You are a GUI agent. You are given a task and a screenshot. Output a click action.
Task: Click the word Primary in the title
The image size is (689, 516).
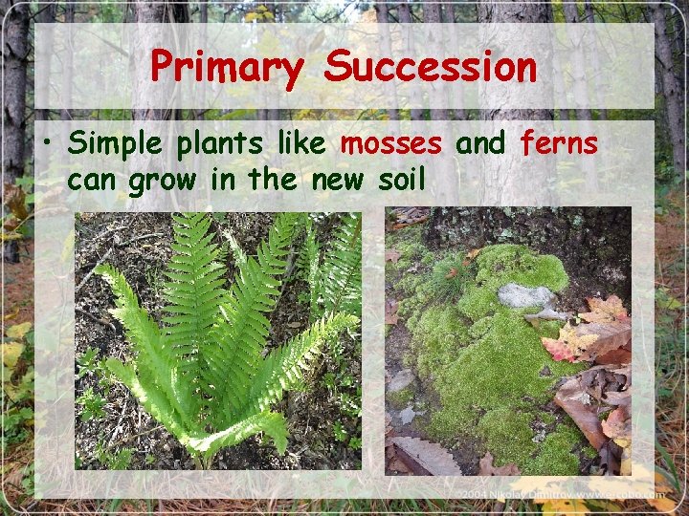point(227,68)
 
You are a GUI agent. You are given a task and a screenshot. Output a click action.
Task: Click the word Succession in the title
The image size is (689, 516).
point(431,68)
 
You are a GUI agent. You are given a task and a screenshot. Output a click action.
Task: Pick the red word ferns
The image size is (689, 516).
point(559,144)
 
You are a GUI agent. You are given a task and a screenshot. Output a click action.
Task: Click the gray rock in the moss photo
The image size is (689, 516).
point(526,296)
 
